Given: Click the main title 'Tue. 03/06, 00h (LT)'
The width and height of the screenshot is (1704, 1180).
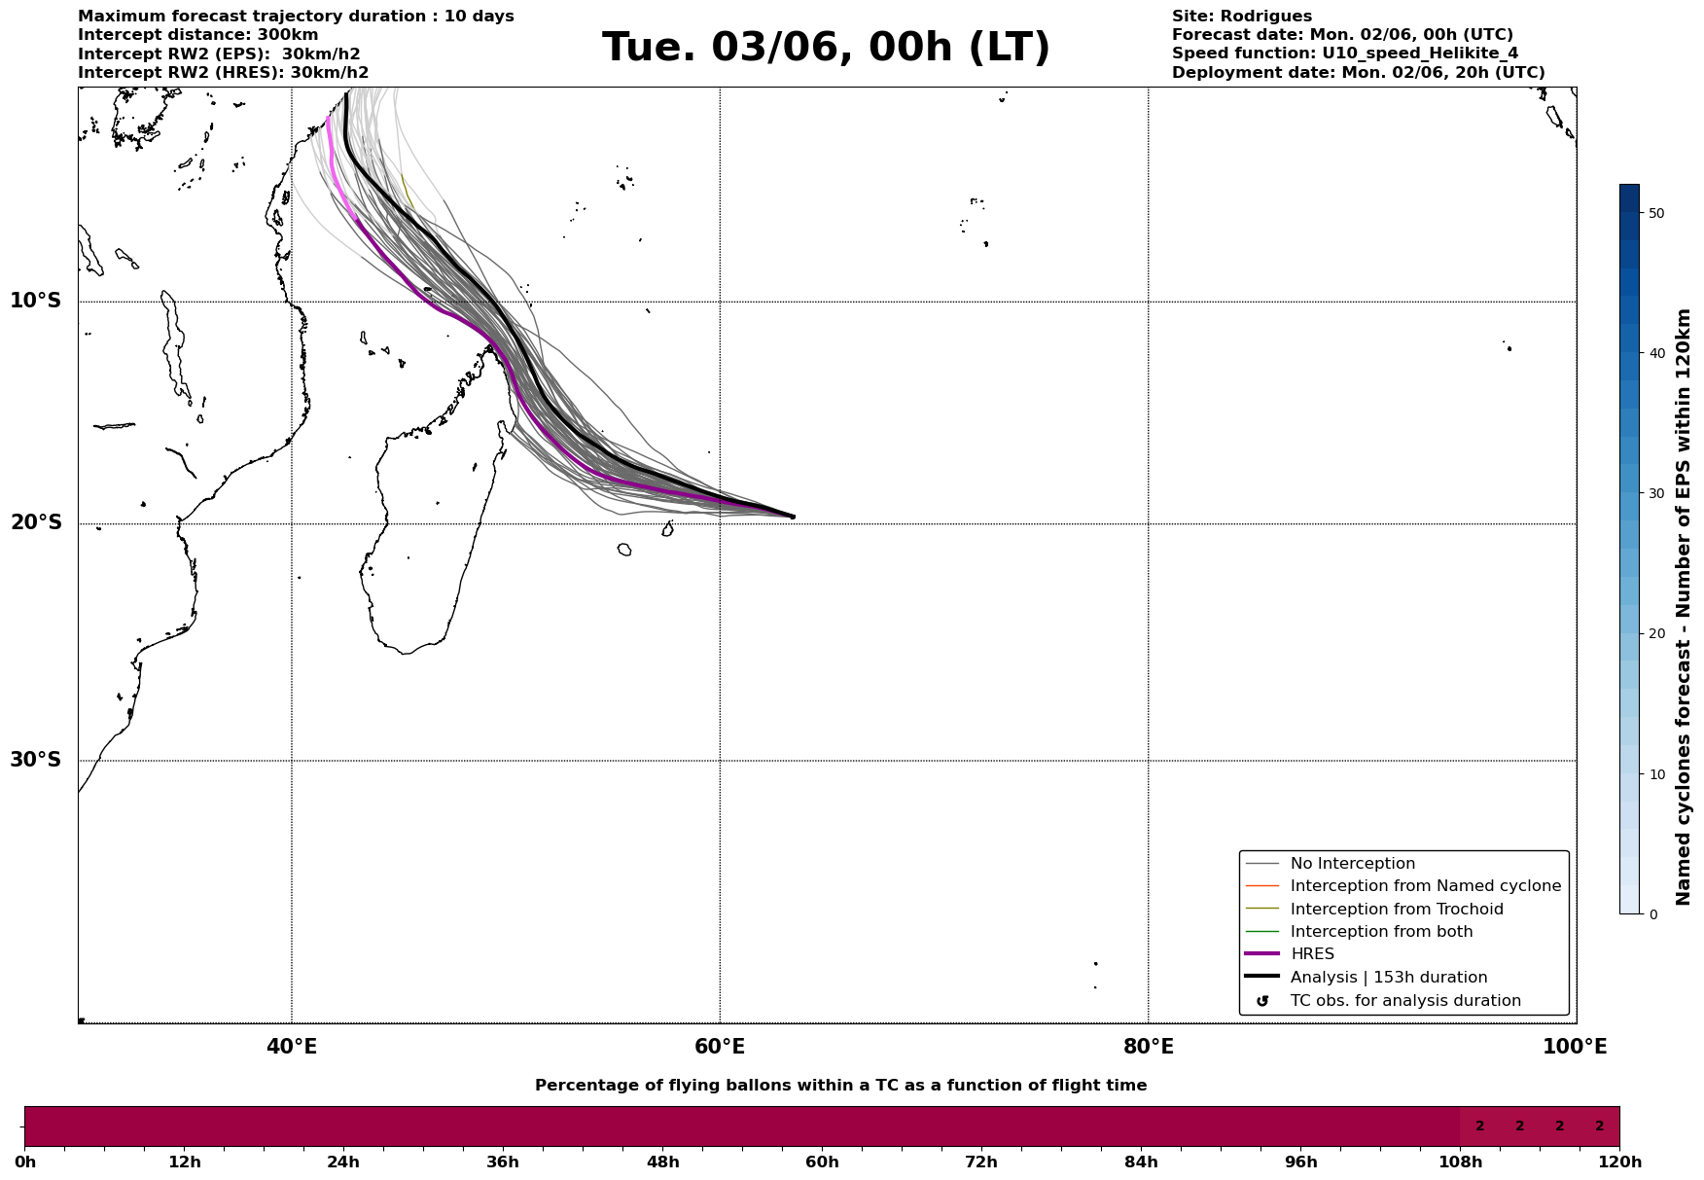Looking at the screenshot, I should pos(826,48).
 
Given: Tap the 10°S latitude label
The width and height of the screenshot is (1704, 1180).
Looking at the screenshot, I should pos(36,301).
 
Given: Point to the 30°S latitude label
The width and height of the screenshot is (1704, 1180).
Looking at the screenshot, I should pos(36,760).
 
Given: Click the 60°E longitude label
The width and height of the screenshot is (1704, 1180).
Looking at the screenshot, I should pos(720,1047).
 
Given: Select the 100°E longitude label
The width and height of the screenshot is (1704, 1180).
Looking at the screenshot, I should pos(1575,1047).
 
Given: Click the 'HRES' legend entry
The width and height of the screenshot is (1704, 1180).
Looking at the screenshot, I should pos(1312,954).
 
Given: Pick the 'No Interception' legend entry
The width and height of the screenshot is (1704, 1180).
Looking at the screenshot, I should pos(1352,864).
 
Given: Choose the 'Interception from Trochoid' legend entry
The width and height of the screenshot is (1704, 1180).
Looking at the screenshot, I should pos(1396,910).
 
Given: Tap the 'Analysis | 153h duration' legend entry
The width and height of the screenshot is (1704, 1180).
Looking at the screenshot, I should pos(1388,978).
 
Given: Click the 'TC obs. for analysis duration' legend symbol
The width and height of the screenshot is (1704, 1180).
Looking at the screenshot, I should pos(1262,1001).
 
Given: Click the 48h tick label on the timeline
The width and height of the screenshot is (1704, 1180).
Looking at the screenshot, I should pos(662,1162).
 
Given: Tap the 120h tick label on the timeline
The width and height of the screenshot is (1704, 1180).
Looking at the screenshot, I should pos(1619,1162).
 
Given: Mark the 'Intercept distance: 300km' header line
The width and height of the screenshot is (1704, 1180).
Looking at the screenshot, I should pos(197,35).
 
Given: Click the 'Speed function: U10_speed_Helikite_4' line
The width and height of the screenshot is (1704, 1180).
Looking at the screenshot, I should pos(1344,54).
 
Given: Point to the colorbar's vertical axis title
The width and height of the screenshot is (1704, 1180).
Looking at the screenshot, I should pos(1684,607).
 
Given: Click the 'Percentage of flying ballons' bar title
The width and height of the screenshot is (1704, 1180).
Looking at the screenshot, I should pos(840,1086).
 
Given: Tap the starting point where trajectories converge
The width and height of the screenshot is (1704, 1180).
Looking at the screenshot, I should pos(793,517).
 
